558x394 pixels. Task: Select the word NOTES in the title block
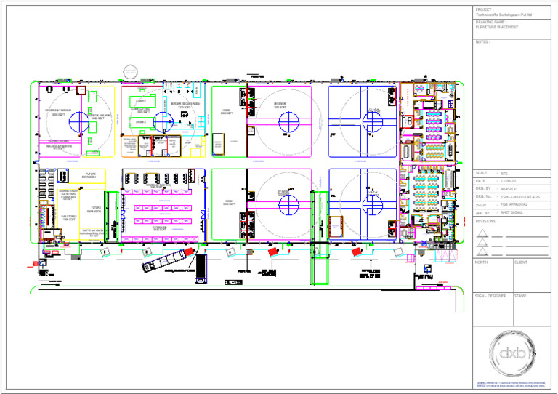(x=482, y=42)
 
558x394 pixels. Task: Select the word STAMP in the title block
(x=520, y=296)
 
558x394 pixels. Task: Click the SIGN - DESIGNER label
(x=490, y=296)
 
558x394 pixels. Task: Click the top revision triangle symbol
(x=481, y=233)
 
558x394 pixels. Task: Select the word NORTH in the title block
(x=481, y=262)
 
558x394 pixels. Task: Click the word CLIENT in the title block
(x=521, y=262)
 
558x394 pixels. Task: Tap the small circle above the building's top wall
(x=130, y=71)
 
